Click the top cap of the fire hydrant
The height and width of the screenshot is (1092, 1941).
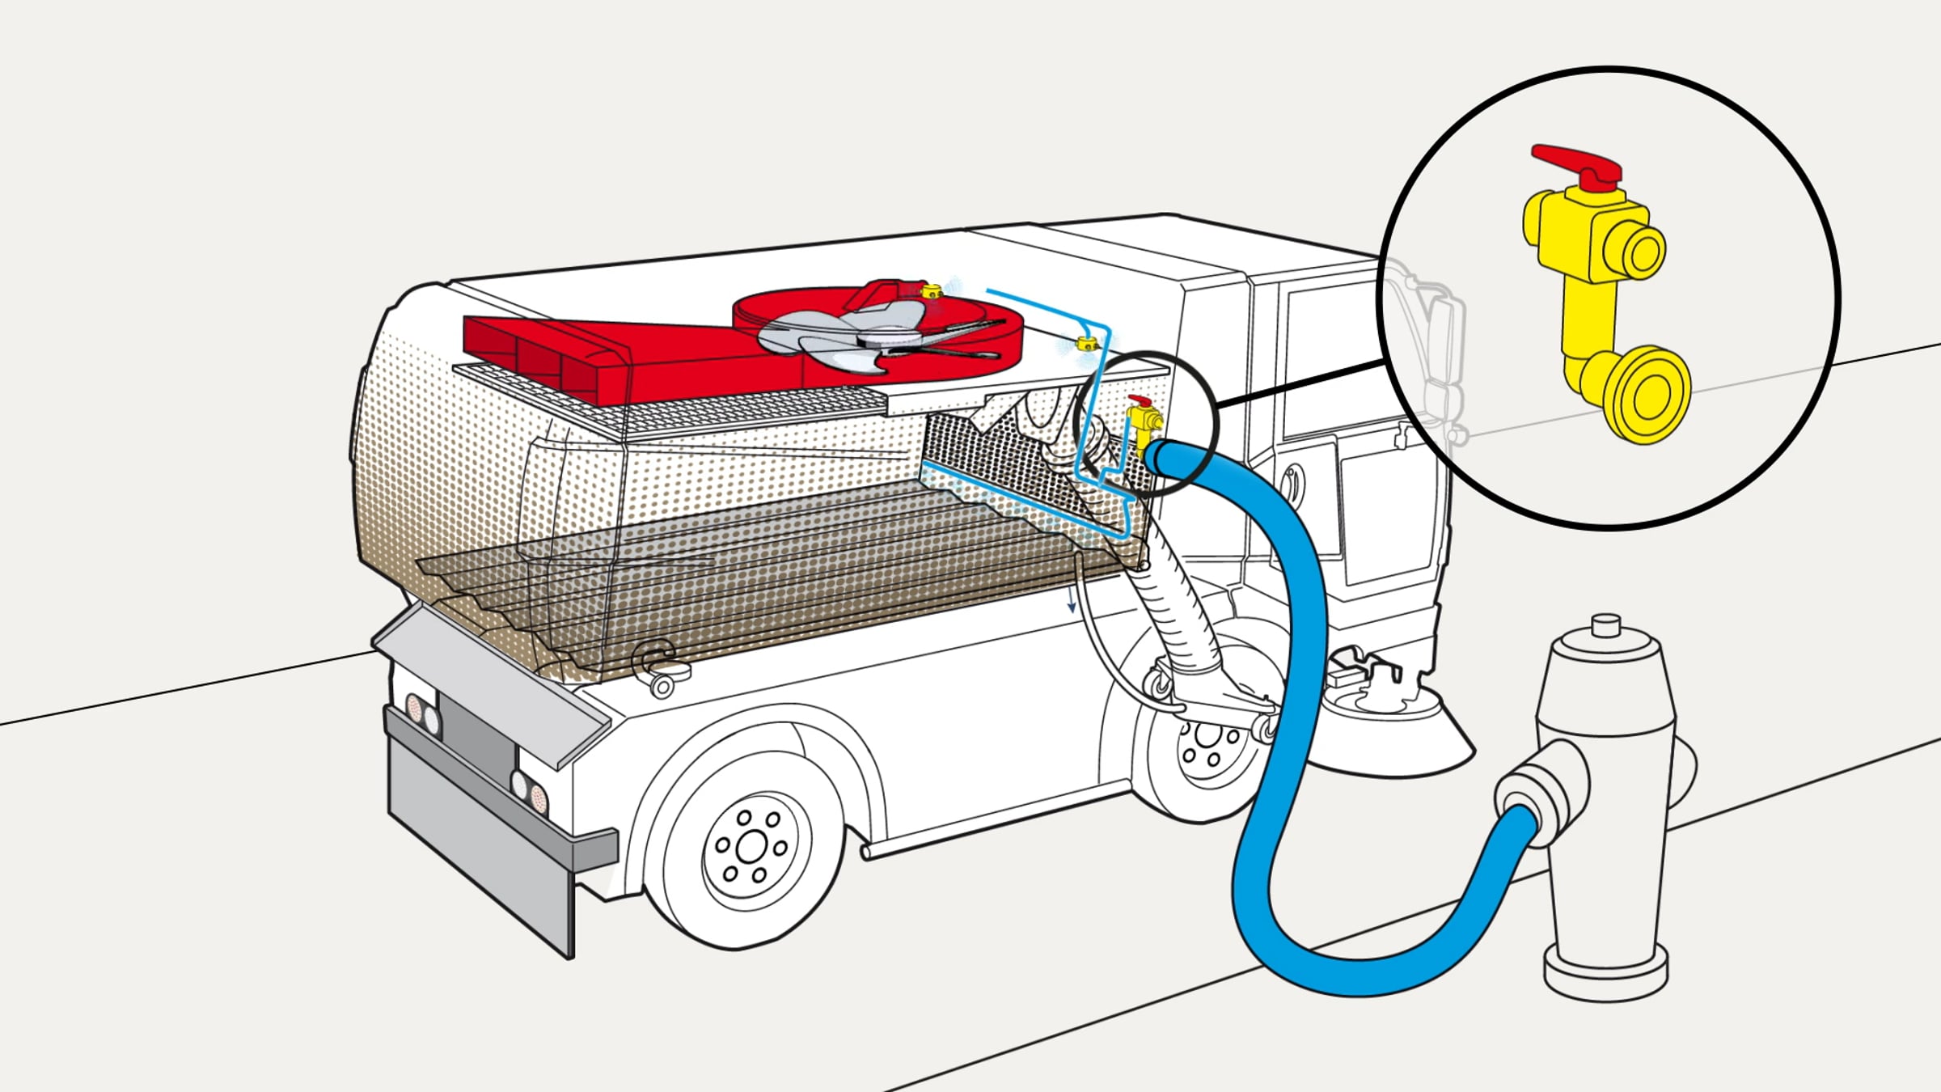click(x=1605, y=627)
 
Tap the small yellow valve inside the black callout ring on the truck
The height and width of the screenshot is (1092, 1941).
click(x=1142, y=421)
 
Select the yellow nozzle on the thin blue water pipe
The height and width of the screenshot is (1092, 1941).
click(x=1086, y=345)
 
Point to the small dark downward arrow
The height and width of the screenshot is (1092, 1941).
click(x=1072, y=603)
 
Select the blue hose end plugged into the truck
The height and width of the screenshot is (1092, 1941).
click(x=1165, y=457)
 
